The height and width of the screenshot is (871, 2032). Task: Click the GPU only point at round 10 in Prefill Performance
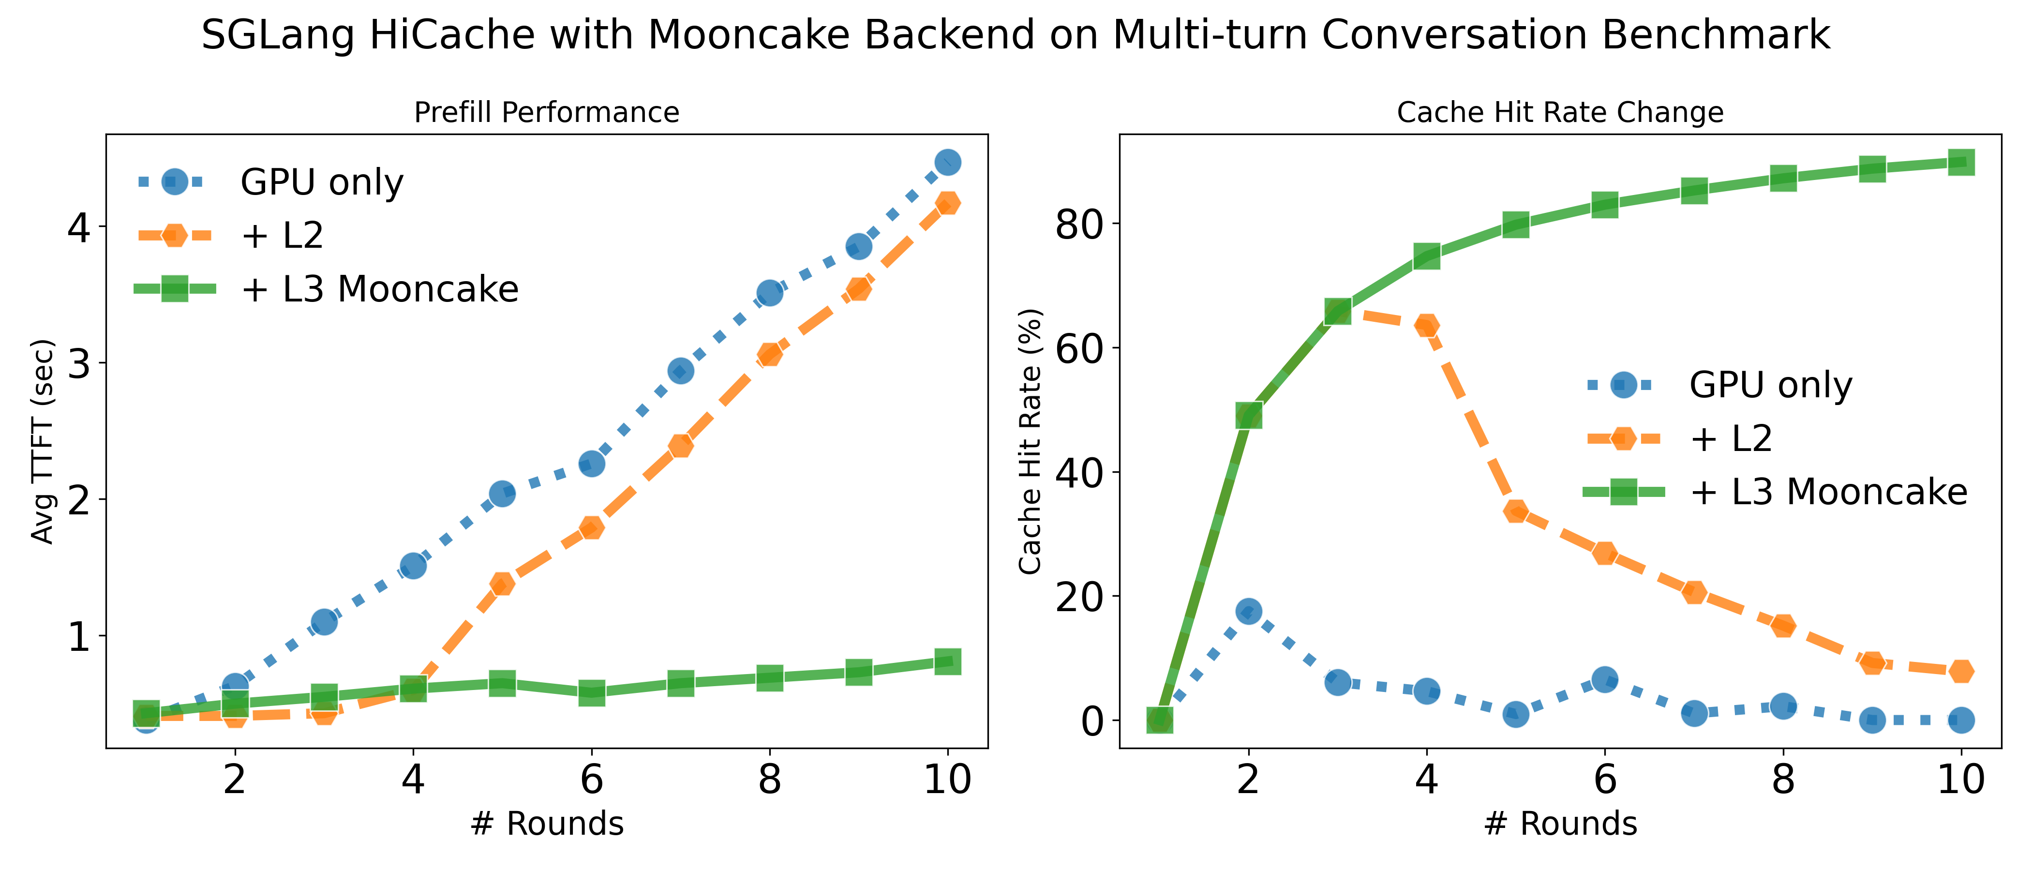coord(947,163)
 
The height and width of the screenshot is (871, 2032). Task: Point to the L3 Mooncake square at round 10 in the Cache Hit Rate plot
coord(1961,163)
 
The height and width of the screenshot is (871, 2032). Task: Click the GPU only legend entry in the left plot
coord(321,182)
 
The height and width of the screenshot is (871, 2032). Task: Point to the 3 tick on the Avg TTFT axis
coord(79,364)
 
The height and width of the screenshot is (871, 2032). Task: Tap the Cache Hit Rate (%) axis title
coord(1030,442)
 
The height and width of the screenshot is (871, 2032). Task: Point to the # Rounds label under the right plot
coord(1560,824)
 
